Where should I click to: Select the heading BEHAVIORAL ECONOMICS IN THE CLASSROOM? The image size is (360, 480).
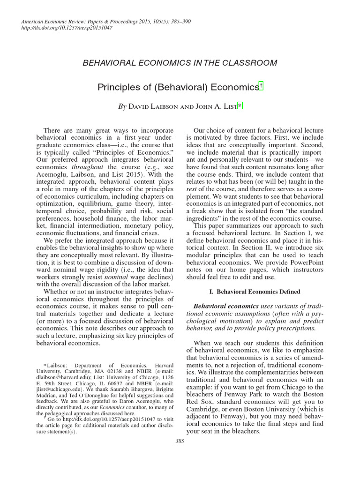coord(180,62)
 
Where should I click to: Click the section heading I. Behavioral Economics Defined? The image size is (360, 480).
coord(255,291)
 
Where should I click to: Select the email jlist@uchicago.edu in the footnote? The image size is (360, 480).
coord(59,395)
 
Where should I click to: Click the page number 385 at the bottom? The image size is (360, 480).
coord(180,441)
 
